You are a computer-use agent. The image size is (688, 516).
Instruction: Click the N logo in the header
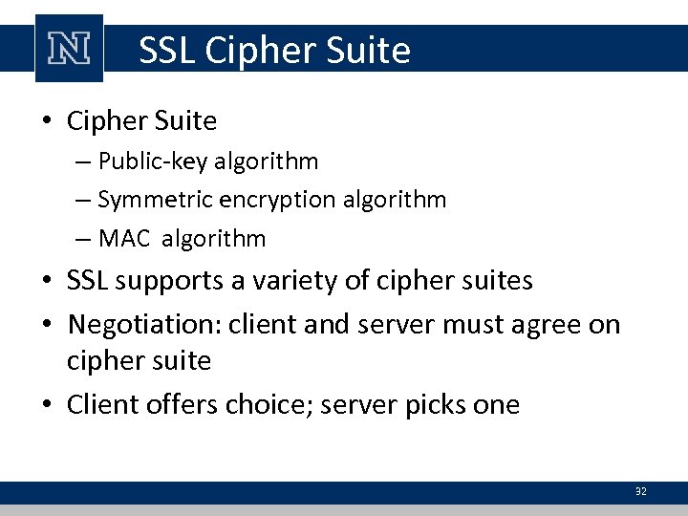click(x=68, y=49)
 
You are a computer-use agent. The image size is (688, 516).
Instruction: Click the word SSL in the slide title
click(x=165, y=50)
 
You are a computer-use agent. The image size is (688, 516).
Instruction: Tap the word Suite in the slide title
click(x=367, y=50)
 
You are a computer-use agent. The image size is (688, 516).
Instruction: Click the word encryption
click(x=270, y=200)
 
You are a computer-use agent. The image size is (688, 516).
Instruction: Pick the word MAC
click(x=124, y=238)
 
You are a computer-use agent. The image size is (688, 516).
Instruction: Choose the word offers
click(x=179, y=404)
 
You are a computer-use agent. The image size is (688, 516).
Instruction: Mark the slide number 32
click(x=640, y=491)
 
